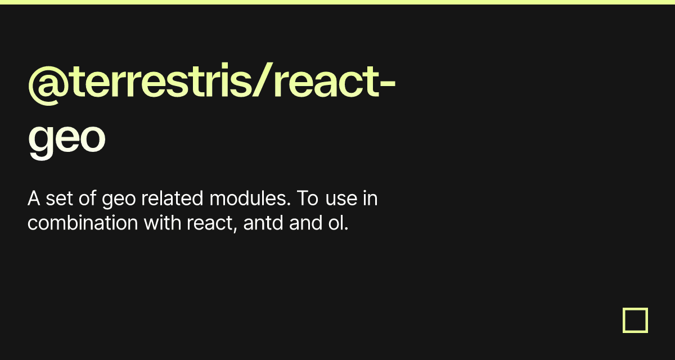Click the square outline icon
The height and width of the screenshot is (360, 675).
click(635, 320)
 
